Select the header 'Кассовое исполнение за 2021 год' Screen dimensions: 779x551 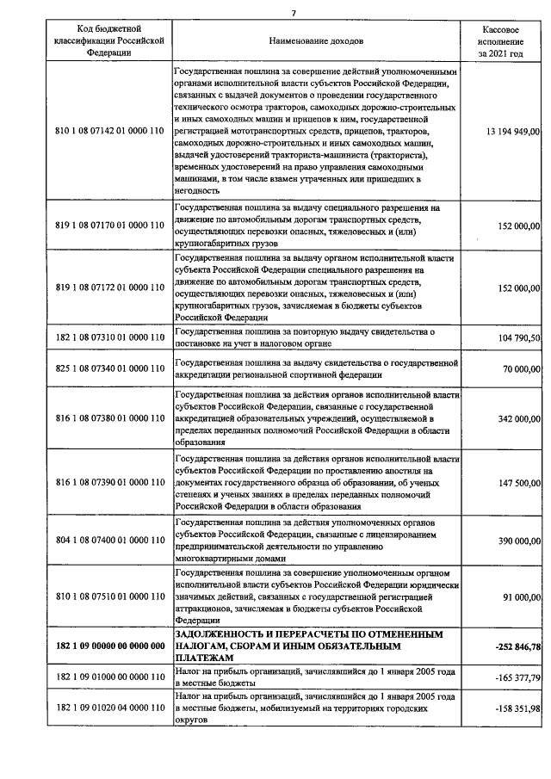(x=501, y=40)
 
